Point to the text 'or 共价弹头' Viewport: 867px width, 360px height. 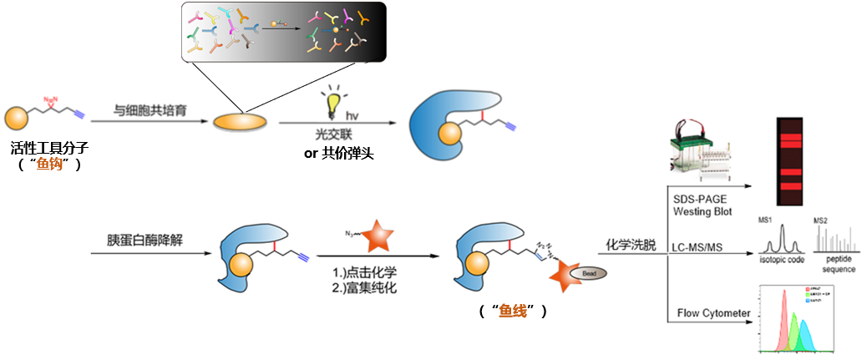[x=338, y=155]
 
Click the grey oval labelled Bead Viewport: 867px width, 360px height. [x=587, y=273]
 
